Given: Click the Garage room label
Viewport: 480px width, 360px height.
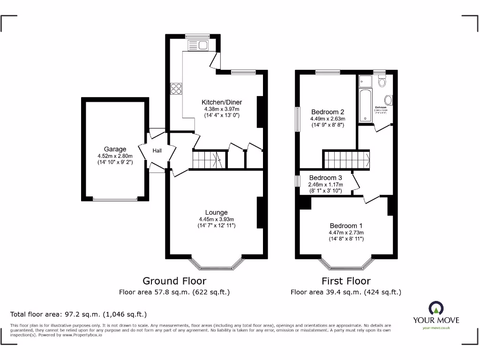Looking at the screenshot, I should click(115, 150).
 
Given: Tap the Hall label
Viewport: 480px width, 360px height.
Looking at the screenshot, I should click(157, 150).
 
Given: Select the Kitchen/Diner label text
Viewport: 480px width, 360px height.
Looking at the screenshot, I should click(222, 102).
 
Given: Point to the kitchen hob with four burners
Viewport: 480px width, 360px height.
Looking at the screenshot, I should click(176, 89).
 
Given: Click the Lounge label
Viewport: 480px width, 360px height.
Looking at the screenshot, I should click(216, 212).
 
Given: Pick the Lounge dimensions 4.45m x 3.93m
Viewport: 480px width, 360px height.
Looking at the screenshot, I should click(216, 219).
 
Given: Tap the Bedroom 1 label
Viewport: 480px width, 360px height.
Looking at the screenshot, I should click(346, 225).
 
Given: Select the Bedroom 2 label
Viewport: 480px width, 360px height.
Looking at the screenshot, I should click(328, 112).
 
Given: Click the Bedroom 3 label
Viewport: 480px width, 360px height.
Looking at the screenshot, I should click(325, 178).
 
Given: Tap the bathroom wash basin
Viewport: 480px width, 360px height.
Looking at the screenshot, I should click(389, 100).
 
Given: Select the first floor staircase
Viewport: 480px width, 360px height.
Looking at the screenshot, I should click(346, 159).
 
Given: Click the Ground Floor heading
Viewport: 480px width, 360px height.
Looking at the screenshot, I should click(174, 281).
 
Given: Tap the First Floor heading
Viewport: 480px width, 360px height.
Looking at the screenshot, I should click(346, 281).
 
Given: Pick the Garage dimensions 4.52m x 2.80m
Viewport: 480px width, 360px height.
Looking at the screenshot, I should click(115, 156).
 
